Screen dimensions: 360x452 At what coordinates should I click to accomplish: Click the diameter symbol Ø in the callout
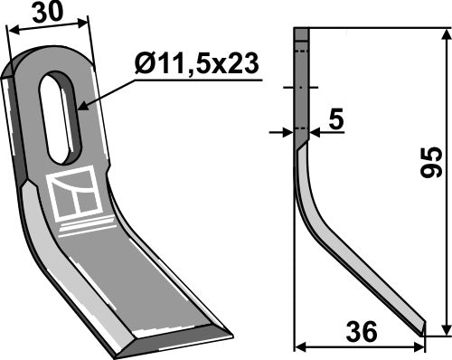click(x=142, y=64)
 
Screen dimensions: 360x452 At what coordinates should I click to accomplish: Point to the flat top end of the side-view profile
click(x=302, y=30)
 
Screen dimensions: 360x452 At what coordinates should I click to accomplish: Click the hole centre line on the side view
click(x=302, y=88)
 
